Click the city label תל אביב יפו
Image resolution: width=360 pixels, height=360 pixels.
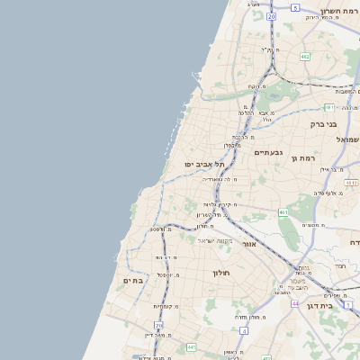tap(204, 165)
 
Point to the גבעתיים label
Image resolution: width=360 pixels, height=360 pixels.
tap(268, 152)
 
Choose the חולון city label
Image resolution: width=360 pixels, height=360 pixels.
tap(222, 273)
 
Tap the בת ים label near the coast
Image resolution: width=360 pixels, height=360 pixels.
tap(133, 282)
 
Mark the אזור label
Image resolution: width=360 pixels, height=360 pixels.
tap(250, 244)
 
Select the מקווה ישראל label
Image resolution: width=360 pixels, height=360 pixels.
tap(215, 240)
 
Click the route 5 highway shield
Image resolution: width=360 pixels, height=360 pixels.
tap(295, 7)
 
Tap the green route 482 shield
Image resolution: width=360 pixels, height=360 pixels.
tap(305, 57)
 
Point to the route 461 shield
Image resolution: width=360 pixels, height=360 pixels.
tap(283, 212)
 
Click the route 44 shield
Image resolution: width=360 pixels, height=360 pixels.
tap(295, 304)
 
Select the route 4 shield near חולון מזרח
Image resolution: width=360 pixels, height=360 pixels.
tap(244, 330)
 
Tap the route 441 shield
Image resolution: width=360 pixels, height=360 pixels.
tap(191, 346)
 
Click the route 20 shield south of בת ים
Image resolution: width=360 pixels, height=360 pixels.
tap(159, 325)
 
